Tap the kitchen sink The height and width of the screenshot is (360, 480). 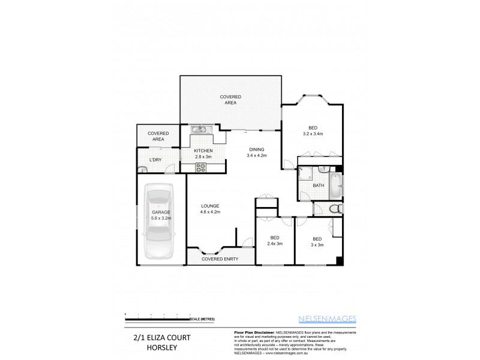pos(199,129)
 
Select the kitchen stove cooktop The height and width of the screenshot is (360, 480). pos(199,169)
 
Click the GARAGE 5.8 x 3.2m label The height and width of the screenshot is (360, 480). pos(160,215)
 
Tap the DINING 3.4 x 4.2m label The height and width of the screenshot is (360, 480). pos(256,152)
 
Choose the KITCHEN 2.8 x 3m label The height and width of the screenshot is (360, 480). pos(204,154)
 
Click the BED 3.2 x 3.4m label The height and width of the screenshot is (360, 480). pos(313,131)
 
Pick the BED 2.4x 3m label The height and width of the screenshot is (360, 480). pos(274,240)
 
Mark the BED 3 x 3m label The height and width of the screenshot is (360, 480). pos(317,241)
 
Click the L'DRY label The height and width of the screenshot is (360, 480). pos(155,160)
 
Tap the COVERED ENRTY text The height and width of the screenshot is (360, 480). pos(220,259)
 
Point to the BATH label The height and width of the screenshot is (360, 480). pos(319,185)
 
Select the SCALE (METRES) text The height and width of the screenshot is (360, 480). pos(202,318)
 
